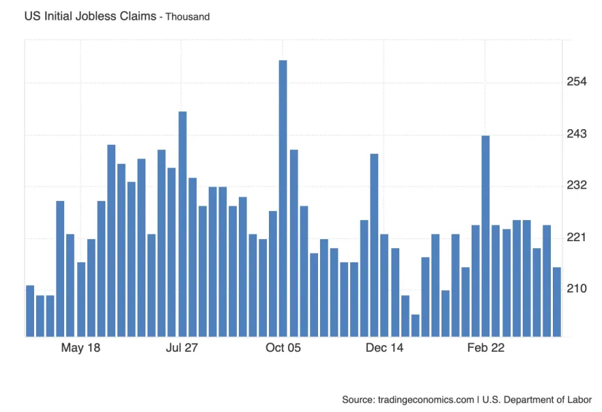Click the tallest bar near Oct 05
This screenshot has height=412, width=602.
tap(283, 198)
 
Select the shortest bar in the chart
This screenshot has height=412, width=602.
tap(415, 325)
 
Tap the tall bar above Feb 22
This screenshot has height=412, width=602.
tap(485, 236)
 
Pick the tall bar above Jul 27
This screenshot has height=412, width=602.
tap(182, 223)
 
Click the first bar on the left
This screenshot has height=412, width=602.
tap(30, 311)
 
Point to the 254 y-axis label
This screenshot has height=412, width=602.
tap(577, 82)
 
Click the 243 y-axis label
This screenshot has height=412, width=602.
tap(577, 134)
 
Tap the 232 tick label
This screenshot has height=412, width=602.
tap(577, 186)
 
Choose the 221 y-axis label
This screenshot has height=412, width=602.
tap(577, 238)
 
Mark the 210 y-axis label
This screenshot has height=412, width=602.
tap(577, 289)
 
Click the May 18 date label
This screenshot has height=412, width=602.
tap(81, 348)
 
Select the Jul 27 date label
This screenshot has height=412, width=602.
tap(182, 348)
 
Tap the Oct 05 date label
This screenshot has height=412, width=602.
tap(283, 348)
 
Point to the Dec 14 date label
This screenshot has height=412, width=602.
tap(384, 348)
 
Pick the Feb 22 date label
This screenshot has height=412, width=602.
tap(485, 348)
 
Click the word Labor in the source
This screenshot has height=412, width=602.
tap(579, 399)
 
